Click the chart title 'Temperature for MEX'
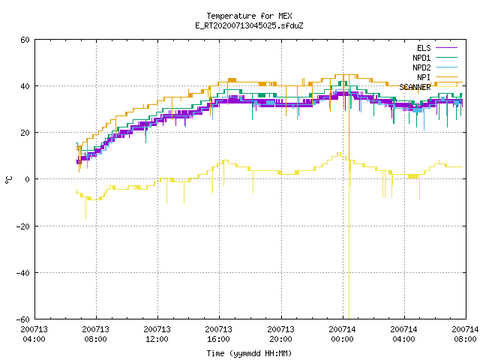tap(249, 16)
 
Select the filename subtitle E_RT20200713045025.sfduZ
tap(249, 25)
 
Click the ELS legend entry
tap(424, 48)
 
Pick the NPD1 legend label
tap(421, 58)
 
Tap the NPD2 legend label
tap(421, 67)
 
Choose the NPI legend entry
tap(424, 77)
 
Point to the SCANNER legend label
tap(415, 87)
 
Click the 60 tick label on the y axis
tap(25, 40)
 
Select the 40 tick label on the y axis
tap(25, 86)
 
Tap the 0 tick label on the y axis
tap(27, 179)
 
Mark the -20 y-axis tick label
tap(23, 226)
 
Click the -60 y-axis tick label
tap(23, 319)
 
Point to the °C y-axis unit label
tap(9, 180)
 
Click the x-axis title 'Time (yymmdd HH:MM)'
tap(249, 353)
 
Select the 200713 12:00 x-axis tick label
tap(157, 334)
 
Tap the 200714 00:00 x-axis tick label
tap(342, 334)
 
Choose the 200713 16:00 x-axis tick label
tap(218, 334)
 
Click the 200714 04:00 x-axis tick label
tap(403, 334)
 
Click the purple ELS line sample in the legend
tap(447, 48)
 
